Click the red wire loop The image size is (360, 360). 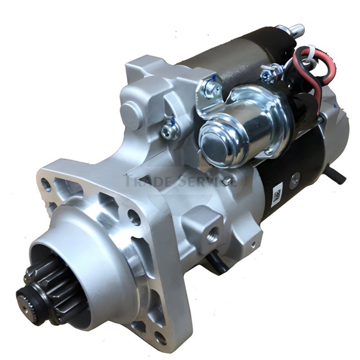click(313, 72)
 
